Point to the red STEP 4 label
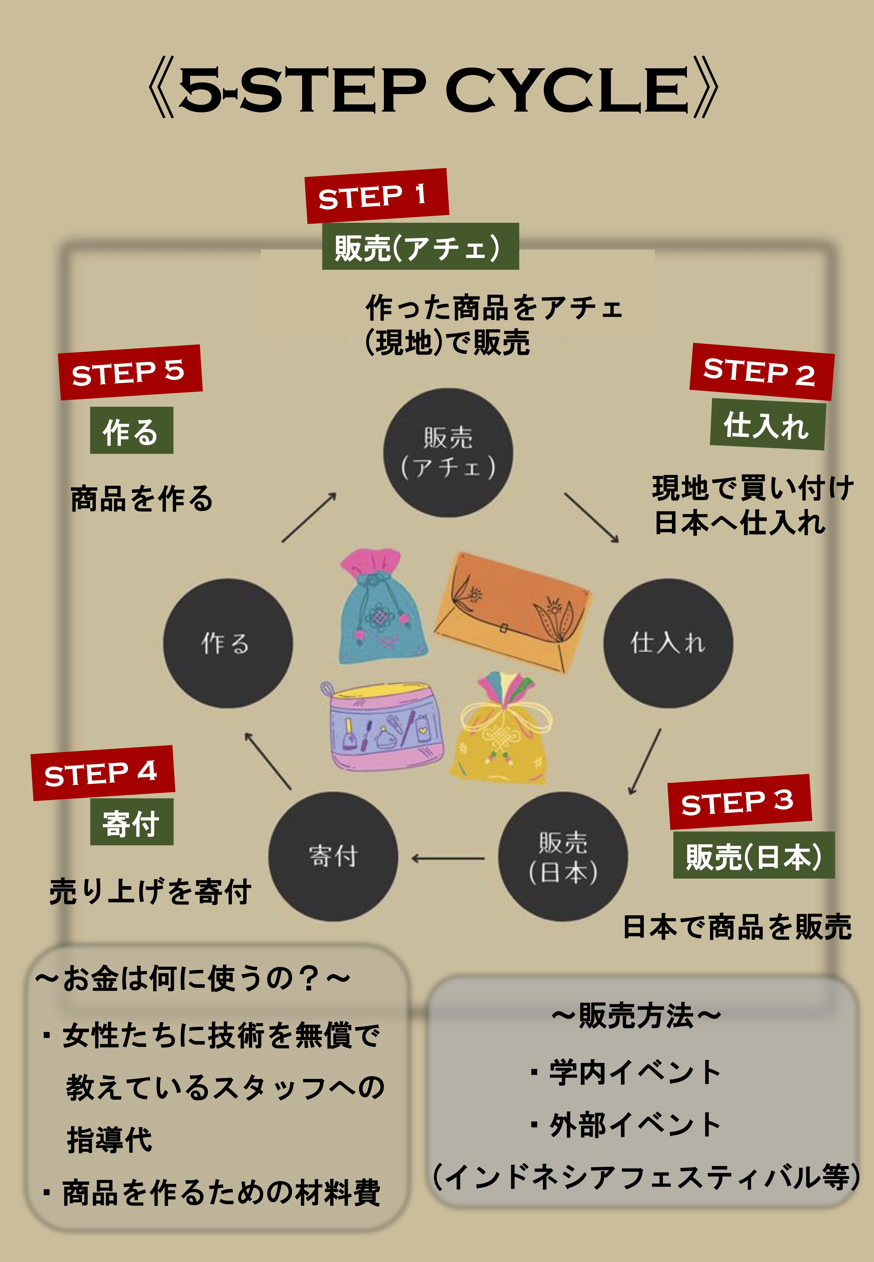pos(102,773)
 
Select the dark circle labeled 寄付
pos(333,856)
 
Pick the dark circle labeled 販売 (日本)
pos(562,856)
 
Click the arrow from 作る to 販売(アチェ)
pos(309,517)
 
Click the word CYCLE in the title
pos(567,90)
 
